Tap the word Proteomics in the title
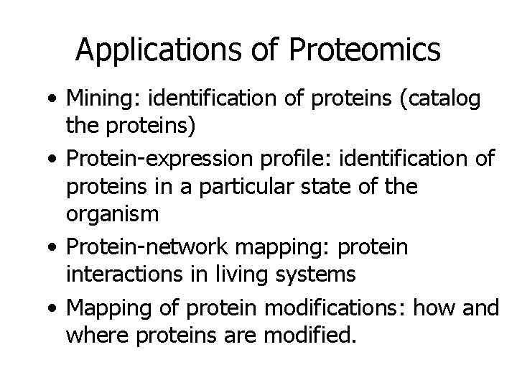pos(364,50)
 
